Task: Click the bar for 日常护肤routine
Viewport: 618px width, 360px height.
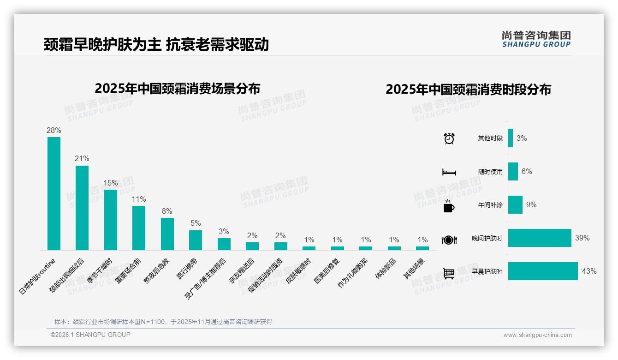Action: click(54, 193)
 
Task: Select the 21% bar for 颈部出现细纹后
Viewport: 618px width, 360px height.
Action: click(82, 208)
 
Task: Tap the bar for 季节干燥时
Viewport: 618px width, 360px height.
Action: click(111, 220)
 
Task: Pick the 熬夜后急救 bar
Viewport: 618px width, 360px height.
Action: click(167, 234)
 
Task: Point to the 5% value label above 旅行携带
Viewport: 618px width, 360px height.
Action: click(196, 223)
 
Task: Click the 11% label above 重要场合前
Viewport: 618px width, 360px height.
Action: click(139, 199)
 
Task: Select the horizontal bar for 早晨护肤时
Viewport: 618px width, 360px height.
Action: click(543, 271)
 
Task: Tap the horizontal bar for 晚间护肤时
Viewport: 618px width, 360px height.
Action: click(540, 238)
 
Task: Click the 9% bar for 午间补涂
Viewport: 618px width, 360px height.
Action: click(515, 205)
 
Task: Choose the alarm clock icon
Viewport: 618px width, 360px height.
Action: click(449, 138)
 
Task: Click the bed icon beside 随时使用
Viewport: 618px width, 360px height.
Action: click(449, 172)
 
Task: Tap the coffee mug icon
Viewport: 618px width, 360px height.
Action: click(449, 206)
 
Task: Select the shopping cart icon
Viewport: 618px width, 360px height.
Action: click(449, 273)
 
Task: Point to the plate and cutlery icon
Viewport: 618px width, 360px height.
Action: click(449, 240)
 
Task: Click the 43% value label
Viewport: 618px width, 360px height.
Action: click(589, 271)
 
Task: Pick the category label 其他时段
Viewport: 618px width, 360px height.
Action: click(490, 138)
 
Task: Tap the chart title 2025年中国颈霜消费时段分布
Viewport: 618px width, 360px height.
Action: click(468, 90)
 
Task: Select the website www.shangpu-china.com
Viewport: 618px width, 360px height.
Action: click(537, 335)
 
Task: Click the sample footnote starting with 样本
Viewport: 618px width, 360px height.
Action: click(163, 322)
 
